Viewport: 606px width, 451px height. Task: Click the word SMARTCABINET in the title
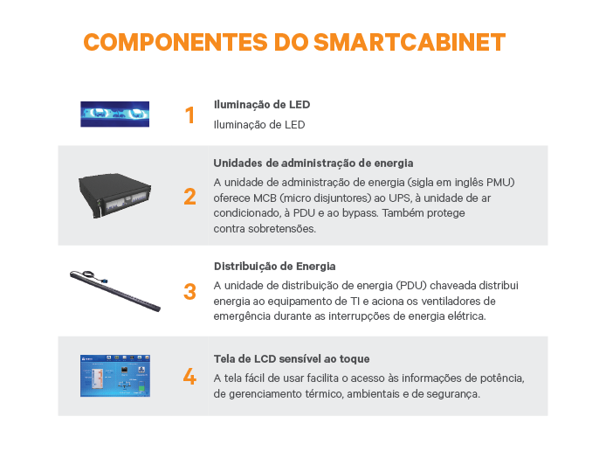point(410,42)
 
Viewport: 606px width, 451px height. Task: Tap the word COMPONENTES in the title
point(176,42)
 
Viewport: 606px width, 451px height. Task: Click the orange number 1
point(189,115)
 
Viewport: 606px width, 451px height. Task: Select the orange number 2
point(189,197)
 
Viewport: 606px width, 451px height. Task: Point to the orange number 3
point(189,292)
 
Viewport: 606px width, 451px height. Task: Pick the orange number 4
point(189,377)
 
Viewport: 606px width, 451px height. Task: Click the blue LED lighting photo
point(114,114)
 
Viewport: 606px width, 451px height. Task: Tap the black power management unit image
point(114,195)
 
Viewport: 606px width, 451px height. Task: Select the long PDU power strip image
point(114,291)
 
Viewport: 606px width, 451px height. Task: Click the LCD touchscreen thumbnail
point(115,376)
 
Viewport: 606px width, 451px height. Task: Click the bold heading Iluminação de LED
point(262,105)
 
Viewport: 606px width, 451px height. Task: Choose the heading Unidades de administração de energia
point(313,163)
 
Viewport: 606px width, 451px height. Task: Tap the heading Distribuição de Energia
point(275,267)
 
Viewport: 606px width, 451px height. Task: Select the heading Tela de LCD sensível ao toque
point(292,359)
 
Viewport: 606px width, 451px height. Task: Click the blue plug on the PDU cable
point(104,281)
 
